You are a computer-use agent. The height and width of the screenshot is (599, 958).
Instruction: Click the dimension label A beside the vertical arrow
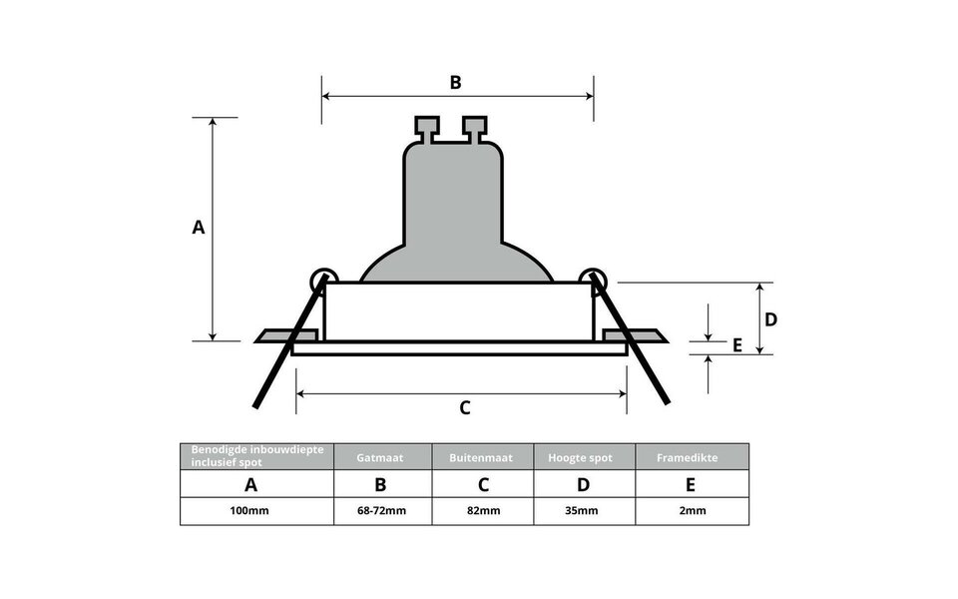point(199,228)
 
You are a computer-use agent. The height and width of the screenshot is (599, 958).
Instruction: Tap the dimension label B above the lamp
point(455,82)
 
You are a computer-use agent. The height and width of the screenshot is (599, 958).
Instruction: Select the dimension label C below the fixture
point(464,407)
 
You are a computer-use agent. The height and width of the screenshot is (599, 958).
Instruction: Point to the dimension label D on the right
point(771,319)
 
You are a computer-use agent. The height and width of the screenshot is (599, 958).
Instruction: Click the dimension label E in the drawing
point(737,345)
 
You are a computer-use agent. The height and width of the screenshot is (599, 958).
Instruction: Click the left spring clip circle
point(323,281)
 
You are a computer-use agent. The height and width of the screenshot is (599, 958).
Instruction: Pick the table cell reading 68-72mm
point(382,511)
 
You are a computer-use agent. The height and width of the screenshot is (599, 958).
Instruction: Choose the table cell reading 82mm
point(483,511)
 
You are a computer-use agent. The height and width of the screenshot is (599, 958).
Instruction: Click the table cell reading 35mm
point(583,511)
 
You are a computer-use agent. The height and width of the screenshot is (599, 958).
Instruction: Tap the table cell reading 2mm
point(691,511)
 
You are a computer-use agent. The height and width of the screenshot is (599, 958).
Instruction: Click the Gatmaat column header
point(382,457)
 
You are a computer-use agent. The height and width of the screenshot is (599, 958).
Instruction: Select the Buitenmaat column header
point(483,457)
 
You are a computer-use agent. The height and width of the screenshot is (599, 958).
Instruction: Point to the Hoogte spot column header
point(583,457)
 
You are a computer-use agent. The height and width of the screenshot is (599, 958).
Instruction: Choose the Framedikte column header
point(691,457)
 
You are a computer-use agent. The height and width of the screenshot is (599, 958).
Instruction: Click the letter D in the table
point(583,485)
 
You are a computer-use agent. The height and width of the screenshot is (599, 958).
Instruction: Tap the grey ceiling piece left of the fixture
point(275,335)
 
